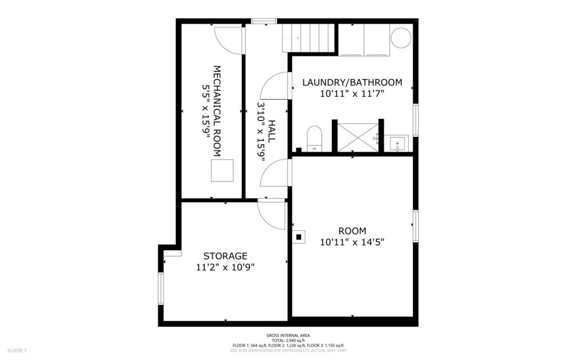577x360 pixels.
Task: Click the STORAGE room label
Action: point(225,256)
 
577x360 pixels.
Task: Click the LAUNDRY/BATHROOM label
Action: point(352,82)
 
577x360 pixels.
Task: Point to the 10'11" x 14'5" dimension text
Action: point(352,243)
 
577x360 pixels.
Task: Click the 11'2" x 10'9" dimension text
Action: point(225,268)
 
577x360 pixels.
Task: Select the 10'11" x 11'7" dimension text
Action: point(352,94)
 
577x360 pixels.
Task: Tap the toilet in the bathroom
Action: point(314,139)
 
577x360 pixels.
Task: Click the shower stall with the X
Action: point(358,137)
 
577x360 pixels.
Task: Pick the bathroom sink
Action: point(398,144)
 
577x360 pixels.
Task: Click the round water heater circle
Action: point(402,38)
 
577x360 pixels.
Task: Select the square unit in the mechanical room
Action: point(222,171)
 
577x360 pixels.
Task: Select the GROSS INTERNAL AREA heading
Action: point(288,335)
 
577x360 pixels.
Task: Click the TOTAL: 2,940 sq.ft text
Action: point(288,340)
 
